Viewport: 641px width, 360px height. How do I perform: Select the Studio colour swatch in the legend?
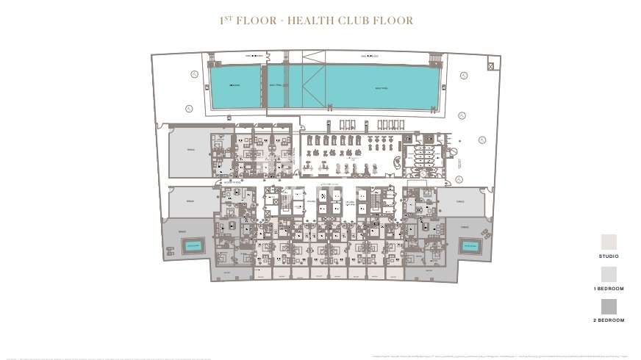(x=609, y=242)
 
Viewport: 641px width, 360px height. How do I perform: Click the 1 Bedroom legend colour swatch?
(x=609, y=275)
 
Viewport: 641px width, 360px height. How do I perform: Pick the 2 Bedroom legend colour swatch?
(x=609, y=306)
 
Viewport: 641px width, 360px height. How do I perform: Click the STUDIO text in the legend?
(x=609, y=256)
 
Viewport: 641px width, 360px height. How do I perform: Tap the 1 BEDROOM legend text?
(x=609, y=289)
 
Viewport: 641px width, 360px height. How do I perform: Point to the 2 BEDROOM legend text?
(x=609, y=320)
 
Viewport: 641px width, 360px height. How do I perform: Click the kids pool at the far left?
(x=235, y=86)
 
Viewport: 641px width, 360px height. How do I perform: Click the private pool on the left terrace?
(x=193, y=248)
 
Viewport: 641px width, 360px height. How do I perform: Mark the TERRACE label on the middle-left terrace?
(x=190, y=200)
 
